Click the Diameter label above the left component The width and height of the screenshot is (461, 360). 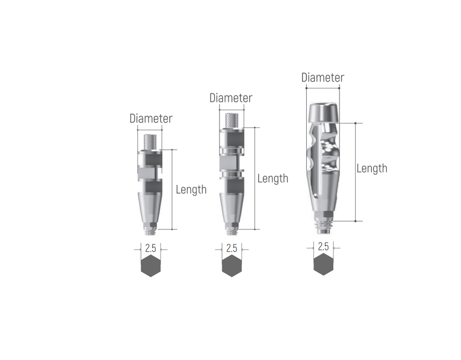(151, 118)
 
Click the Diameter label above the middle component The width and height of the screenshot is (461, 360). (231, 98)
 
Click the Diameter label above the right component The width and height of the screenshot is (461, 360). (323, 78)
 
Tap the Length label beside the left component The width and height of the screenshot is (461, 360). (191, 189)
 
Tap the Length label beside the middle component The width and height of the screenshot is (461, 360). (273, 179)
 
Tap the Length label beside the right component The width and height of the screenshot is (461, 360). (372, 169)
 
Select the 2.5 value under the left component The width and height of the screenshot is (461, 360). (151, 249)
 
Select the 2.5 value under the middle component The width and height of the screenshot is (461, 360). (231, 249)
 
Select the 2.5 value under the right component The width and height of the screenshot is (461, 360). (323, 247)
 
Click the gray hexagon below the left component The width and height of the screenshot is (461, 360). (151, 266)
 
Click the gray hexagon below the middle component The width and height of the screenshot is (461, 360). (231, 266)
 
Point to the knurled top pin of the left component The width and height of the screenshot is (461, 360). (150, 141)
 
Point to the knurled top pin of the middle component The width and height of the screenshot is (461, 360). (232, 120)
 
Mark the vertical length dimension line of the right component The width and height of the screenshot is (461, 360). (355, 172)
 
